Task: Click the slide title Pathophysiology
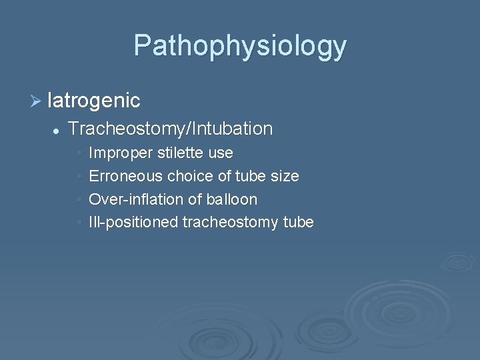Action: point(240,46)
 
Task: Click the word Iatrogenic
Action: point(94,101)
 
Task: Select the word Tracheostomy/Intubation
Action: point(171,129)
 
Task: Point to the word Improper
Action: point(121,153)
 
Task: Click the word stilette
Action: point(181,153)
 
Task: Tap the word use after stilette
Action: point(221,153)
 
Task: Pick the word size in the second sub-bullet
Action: point(285,177)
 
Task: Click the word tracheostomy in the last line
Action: point(231,222)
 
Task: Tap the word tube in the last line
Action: point(299,222)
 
